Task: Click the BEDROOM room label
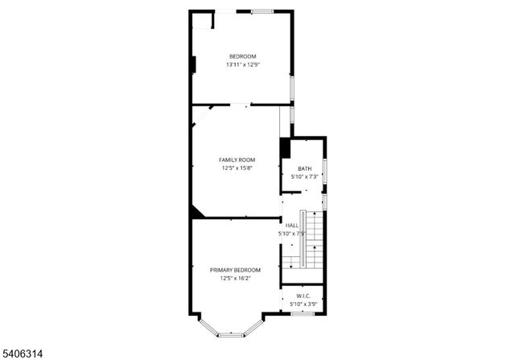[x=242, y=56]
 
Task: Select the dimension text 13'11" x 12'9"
[x=242, y=64]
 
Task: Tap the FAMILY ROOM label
[x=237, y=159]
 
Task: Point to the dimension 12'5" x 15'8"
[x=237, y=168]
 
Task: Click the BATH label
[x=305, y=168]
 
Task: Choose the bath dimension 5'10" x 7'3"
[x=305, y=176]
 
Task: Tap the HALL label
[x=292, y=226]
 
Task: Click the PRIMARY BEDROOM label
[x=235, y=270]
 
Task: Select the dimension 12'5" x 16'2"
[x=235, y=278]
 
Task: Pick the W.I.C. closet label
[x=303, y=296]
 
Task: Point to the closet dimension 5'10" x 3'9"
[x=303, y=304]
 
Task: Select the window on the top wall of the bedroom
[x=262, y=11]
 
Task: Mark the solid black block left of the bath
[x=285, y=149]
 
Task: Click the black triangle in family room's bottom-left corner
[x=196, y=212]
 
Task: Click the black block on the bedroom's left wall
[x=193, y=65]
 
